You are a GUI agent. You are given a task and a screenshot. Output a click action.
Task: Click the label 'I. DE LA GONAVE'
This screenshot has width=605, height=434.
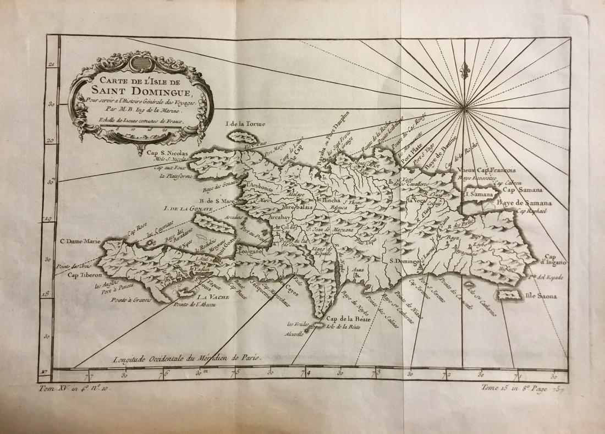click(x=179, y=209)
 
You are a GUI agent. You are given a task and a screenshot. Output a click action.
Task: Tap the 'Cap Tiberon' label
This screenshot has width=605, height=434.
click(x=84, y=276)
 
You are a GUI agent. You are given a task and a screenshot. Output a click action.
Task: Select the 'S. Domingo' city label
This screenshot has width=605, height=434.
click(x=404, y=261)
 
